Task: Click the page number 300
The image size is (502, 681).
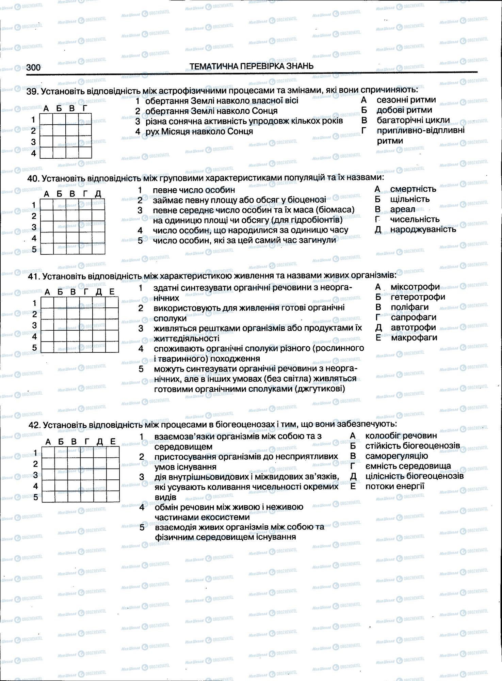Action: click(x=33, y=67)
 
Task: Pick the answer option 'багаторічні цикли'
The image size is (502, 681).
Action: click(x=413, y=120)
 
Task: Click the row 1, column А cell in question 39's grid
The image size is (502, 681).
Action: click(x=46, y=119)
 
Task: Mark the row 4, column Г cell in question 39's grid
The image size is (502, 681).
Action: click(x=85, y=153)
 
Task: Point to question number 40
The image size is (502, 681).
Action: click(x=34, y=178)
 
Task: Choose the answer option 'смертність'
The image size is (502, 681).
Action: click(x=413, y=189)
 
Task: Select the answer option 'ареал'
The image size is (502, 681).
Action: click(x=403, y=209)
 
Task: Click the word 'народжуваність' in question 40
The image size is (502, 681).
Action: click(x=423, y=229)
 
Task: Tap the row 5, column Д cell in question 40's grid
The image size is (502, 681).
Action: click(x=98, y=249)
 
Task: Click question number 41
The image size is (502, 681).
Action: click(x=34, y=276)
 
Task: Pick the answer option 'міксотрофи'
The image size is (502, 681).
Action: click(x=415, y=287)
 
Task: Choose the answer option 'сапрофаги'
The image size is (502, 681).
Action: click(x=414, y=317)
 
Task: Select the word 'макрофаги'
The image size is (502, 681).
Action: click(x=414, y=337)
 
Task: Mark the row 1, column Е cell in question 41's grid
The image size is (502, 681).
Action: click(x=112, y=302)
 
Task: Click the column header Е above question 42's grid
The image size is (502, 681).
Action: click(x=113, y=442)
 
